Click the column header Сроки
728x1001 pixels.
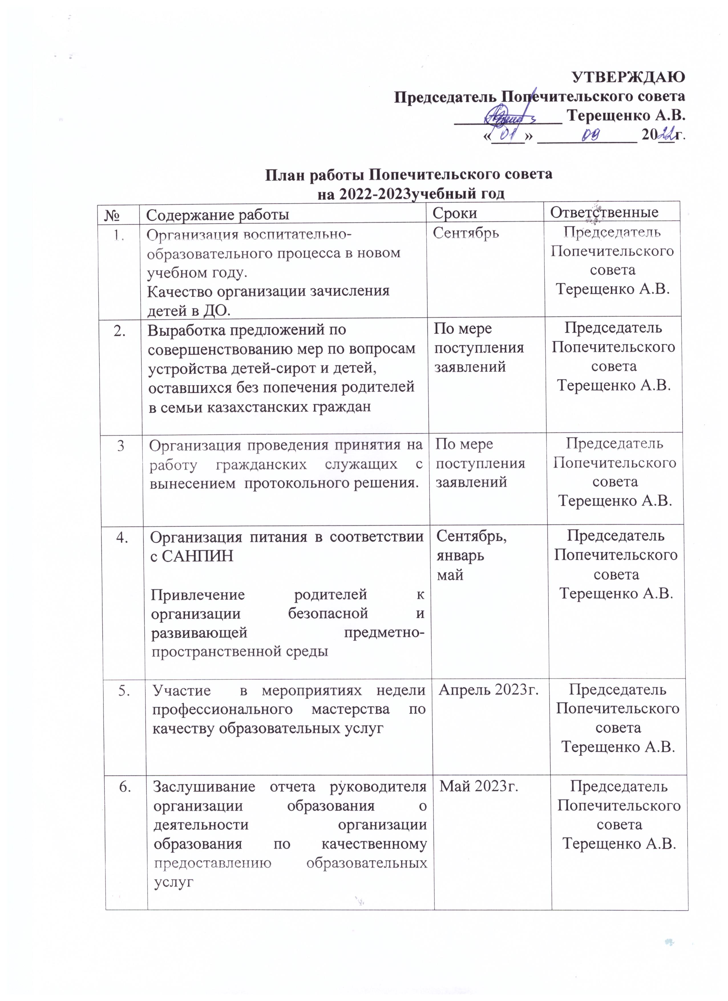click(x=455, y=213)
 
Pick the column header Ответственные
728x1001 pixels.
click(x=604, y=212)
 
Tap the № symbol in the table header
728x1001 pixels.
click(x=114, y=215)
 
